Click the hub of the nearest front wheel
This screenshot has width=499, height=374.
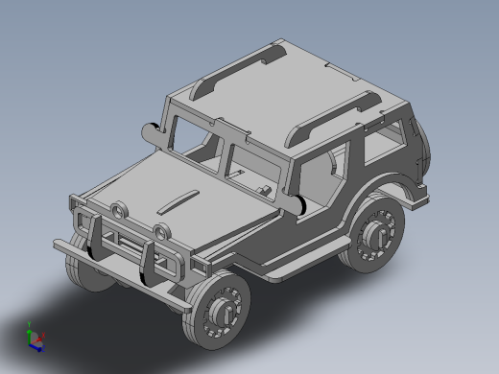[x=223, y=310]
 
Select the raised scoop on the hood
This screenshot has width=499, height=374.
[x=177, y=201]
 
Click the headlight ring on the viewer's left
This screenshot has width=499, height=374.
[x=117, y=210]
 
